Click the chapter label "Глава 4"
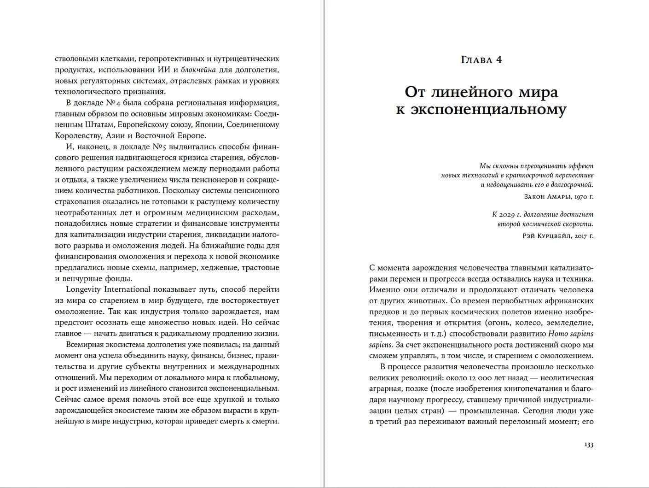tap(481, 60)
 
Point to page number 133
tap(588, 445)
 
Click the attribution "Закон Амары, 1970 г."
tap(558, 196)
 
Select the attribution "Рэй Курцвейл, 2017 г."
tap(558, 236)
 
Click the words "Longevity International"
tap(108, 289)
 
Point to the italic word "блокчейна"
tap(199, 70)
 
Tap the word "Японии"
tap(211, 125)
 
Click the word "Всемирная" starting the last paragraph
tap(85, 345)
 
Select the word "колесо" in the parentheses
tap(518, 323)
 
